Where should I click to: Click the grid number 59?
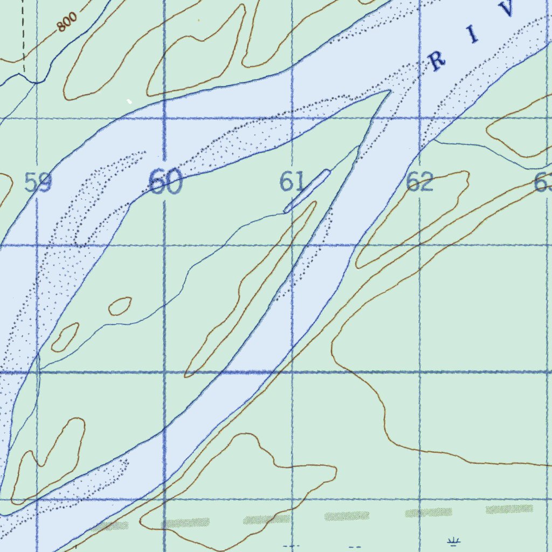pos(38,183)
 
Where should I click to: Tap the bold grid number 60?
pos(165,182)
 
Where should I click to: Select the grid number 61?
pos(292,182)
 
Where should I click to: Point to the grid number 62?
pos(419,183)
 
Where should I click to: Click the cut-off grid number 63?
pos(543,183)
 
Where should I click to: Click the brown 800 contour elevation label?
pos(67,22)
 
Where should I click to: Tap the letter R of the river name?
pos(437,61)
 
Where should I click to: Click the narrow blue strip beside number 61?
pos(307,191)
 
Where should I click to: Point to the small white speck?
pos(129,101)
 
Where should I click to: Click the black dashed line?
pos(24,38)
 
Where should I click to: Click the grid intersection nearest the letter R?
pos(420,118)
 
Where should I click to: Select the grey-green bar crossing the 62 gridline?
pos(429,512)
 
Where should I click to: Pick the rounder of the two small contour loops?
pos(120,306)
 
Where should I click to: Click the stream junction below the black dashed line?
pos(36,83)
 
